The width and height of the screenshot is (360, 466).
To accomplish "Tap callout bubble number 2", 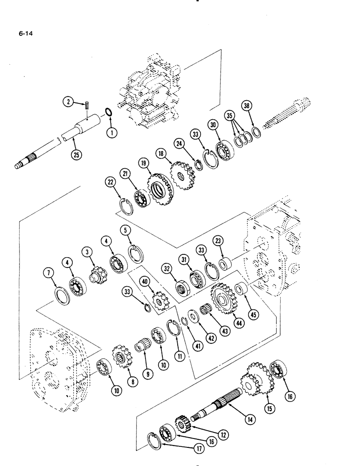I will point(69,102).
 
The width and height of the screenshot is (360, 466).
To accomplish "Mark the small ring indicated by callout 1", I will point(108,113).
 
